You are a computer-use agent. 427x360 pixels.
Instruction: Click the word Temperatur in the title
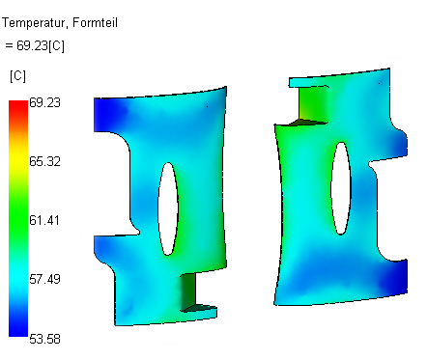point(34,23)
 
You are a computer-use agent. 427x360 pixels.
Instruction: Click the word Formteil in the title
point(95,22)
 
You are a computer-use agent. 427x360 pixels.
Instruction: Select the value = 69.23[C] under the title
point(35,45)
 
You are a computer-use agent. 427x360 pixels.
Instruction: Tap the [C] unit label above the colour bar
point(17,76)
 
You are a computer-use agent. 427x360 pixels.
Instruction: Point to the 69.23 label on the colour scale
point(44,102)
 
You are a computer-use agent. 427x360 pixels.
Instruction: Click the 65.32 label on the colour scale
point(44,161)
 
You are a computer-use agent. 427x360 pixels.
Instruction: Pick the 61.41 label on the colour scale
point(44,220)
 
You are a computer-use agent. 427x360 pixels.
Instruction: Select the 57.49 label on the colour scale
point(44,279)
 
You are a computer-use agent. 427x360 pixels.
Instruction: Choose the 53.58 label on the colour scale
point(44,339)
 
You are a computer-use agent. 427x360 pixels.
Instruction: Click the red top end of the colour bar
point(18,106)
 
